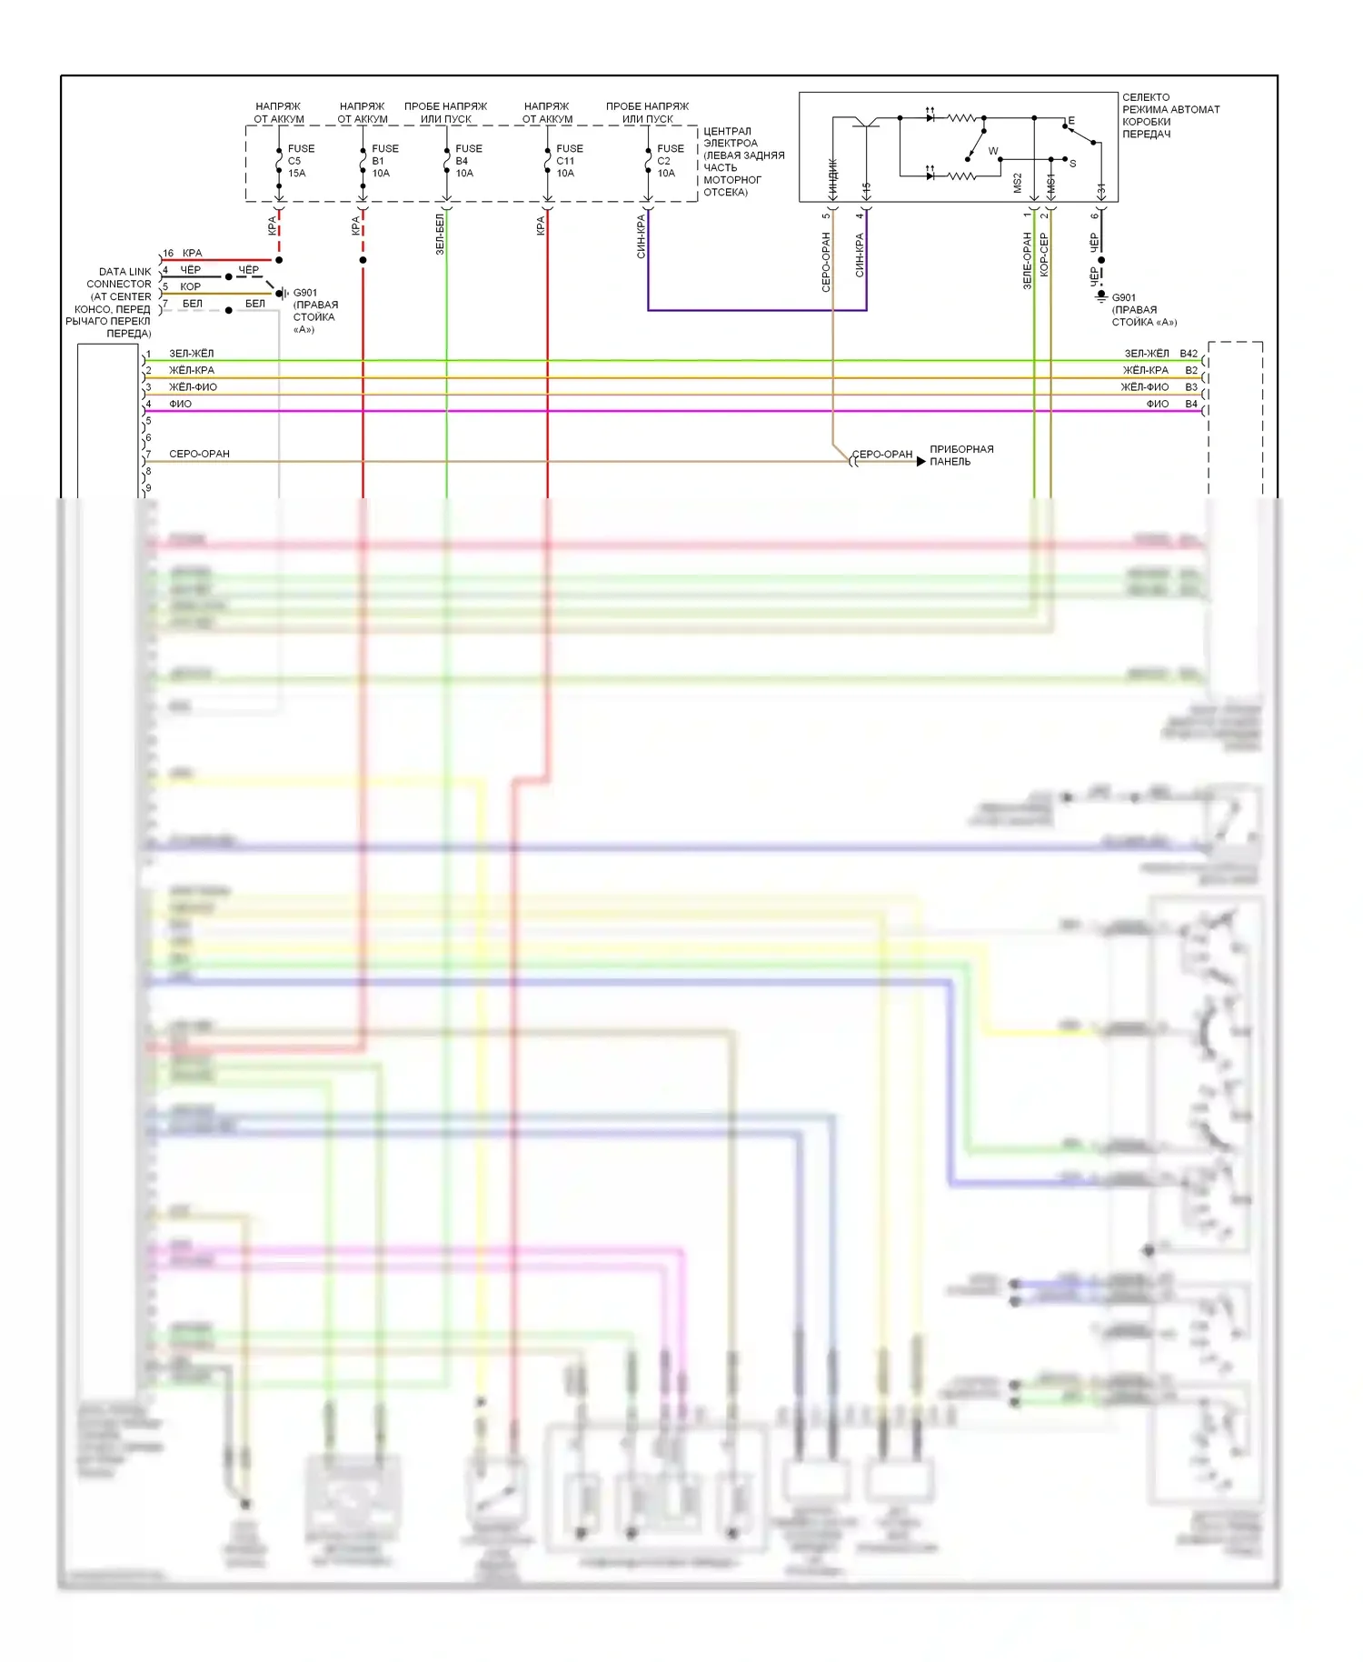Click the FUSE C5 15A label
tap(300, 161)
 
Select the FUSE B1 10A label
tap(383, 161)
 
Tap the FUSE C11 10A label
tap(569, 161)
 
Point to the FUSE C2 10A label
tap(670, 161)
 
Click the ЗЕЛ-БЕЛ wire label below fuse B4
tap(440, 234)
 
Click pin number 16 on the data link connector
tap(168, 254)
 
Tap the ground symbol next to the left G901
tap(283, 294)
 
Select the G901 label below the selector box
tap(1123, 297)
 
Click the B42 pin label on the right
tap(1189, 354)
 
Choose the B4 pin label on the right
tap(1190, 404)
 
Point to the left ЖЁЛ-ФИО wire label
tap(193, 387)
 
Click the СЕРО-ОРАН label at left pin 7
tap(199, 454)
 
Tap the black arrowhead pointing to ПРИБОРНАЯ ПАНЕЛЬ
tap(920, 462)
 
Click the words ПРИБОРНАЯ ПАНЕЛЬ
tap(960, 456)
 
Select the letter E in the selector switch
tap(1071, 121)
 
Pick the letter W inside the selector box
tap(993, 151)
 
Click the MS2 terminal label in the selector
tap(1018, 183)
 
